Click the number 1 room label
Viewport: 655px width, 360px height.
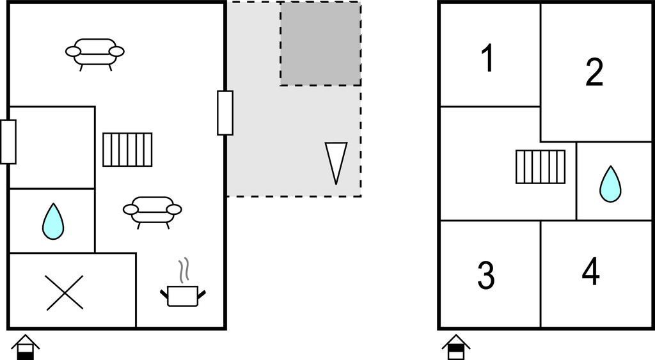[x=488, y=58]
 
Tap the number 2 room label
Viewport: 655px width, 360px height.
[x=594, y=72]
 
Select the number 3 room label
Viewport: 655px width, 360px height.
[x=486, y=275]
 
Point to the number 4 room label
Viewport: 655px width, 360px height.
[x=590, y=272]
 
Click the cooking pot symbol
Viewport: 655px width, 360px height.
[x=183, y=295]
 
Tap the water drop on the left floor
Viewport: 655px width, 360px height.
[x=53, y=221]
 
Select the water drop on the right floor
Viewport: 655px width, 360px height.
[x=610, y=184]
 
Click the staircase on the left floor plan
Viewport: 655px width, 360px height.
[x=127, y=150]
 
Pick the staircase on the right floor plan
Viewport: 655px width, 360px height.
[x=541, y=167]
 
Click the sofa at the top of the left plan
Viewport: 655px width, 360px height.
[x=95, y=54]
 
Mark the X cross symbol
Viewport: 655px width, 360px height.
[x=65, y=293]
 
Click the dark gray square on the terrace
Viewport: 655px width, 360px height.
[x=320, y=43]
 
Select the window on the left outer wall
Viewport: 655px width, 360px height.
[x=8, y=142]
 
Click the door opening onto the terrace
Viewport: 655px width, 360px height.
[x=225, y=113]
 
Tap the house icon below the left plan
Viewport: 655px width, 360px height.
[x=25, y=347]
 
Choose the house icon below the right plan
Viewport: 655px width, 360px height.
[x=456, y=347]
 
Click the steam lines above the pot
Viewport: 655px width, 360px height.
[x=184, y=270]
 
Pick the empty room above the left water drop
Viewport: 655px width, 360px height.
[x=52, y=148]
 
